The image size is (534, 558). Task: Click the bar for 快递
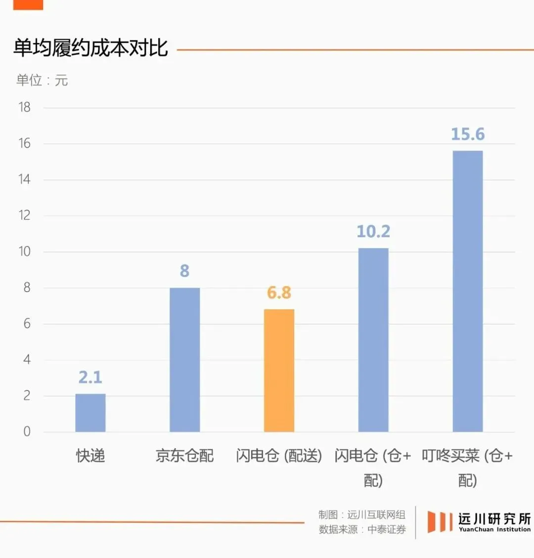(90, 413)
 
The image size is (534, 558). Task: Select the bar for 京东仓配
(184, 360)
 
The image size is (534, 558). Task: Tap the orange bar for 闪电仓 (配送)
(279, 371)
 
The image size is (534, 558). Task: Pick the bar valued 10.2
(373, 340)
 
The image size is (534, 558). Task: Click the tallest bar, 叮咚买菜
(468, 292)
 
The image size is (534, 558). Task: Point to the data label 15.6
(468, 134)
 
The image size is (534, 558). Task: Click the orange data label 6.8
(279, 293)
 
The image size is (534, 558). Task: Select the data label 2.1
(90, 378)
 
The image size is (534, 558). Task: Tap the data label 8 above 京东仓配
(184, 271)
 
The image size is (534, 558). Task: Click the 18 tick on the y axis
(25, 107)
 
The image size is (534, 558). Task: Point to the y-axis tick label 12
(25, 215)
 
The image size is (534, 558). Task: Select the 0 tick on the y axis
(27, 431)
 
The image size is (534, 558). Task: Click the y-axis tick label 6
(27, 324)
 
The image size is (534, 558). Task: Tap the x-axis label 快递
(90, 456)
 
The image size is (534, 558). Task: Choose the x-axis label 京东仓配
(184, 456)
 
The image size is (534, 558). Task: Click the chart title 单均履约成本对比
(90, 48)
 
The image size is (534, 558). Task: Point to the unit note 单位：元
(42, 80)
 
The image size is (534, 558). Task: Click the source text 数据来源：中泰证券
(362, 529)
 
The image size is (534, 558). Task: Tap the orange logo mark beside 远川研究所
(440, 522)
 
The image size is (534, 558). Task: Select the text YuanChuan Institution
(494, 529)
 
